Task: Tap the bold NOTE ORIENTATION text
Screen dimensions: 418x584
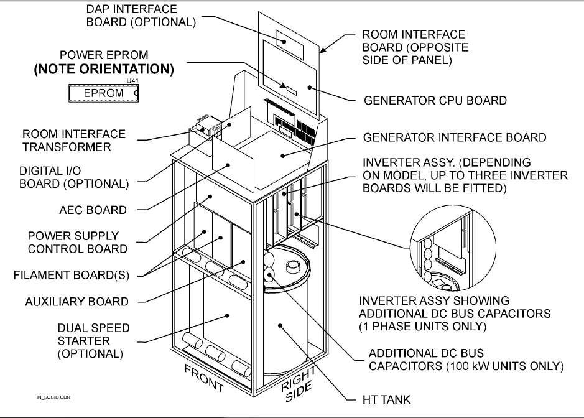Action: tap(103, 69)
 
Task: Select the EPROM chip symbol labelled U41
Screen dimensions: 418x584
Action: tap(103, 93)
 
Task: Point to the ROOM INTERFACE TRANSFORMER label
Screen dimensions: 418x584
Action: tap(74, 141)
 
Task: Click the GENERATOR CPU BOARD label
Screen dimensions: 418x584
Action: tap(435, 100)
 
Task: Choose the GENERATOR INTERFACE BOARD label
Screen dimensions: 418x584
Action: tap(455, 137)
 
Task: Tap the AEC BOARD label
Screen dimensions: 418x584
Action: tap(91, 210)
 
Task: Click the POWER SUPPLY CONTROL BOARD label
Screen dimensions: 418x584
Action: tap(78, 243)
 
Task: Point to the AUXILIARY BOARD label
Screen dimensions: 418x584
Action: tap(76, 302)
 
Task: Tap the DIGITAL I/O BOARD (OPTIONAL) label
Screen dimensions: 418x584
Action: tap(74, 177)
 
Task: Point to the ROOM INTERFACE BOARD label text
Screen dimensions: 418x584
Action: tap(413, 47)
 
